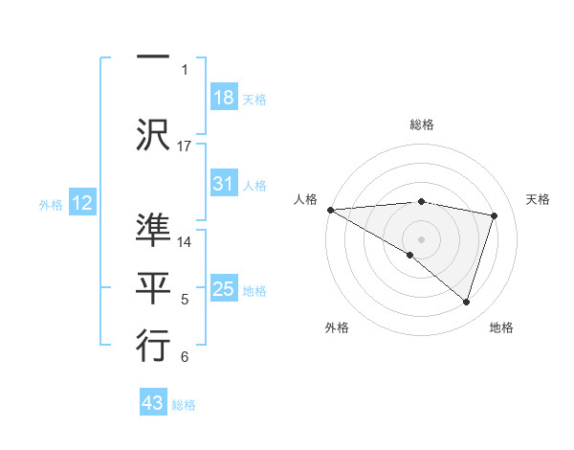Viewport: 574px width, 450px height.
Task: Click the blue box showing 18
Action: tap(224, 98)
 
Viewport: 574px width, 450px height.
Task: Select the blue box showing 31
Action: tap(224, 184)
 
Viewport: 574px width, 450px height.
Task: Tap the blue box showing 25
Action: tap(224, 289)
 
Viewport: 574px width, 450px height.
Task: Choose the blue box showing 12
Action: tap(82, 203)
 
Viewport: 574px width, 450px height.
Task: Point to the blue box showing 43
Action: tap(153, 403)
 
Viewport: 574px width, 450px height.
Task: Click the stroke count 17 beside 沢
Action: tap(185, 146)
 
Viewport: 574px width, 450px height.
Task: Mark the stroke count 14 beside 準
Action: tap(185, 241)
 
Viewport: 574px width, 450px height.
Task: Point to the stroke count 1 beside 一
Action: tap(185, 69)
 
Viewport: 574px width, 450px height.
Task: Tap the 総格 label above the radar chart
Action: tap(422, 124)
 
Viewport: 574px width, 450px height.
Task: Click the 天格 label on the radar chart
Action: tap(538, 199)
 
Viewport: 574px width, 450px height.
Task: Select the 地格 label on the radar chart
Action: tap(501, 327)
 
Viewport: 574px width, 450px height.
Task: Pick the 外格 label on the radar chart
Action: tap(337, 327)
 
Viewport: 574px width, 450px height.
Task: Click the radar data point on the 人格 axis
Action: tap(330, 210)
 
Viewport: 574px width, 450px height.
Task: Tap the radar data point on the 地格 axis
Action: tap(466, 303)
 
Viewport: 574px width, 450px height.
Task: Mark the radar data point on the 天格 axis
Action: tap(495, 215)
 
